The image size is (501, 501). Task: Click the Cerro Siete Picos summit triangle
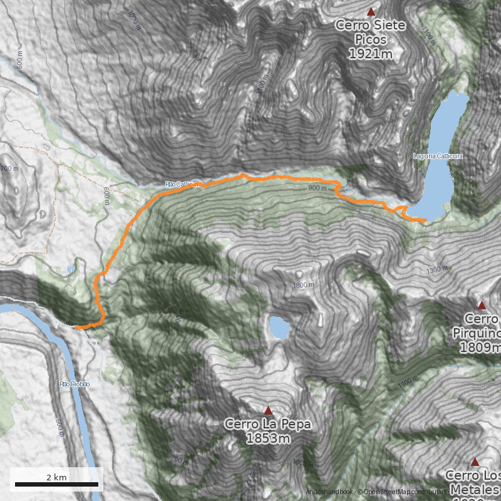click(371, 11)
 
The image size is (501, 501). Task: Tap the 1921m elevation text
click(371, 54)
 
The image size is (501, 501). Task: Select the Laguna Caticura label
click(438, 155)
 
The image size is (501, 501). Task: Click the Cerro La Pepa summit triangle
click(269, 411)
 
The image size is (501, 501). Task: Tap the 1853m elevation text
click(268, 438)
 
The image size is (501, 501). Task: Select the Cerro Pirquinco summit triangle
click(482, 306)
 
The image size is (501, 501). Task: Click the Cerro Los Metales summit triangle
click(475, 462)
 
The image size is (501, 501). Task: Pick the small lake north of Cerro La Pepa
click(279, 327)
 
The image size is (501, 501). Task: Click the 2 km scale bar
click(56, 484)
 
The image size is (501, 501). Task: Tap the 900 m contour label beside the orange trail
click(318, 188)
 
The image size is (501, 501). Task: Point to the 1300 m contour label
click(437, 270)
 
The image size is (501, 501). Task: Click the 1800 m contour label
click(303, 286)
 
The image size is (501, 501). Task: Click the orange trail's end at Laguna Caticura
click(426, 221)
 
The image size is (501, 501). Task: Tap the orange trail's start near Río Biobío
click(76, 327)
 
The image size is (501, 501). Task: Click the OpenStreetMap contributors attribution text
click(407, 492)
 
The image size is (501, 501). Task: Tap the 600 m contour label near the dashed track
click(106, 196)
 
